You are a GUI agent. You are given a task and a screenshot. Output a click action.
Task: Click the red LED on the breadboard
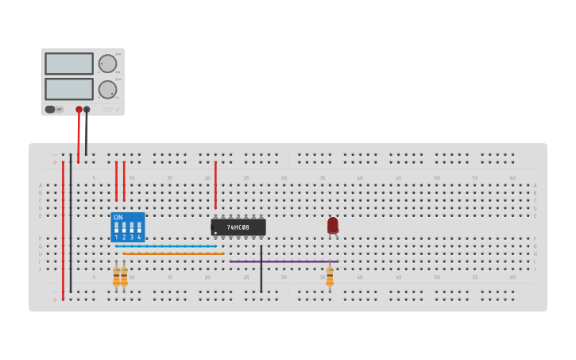pos(333,226)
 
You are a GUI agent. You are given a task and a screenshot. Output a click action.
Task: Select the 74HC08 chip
pos(238,227)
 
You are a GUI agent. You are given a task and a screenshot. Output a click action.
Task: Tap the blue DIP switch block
pos(128,227)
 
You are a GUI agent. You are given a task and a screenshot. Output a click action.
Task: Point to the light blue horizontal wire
pos(166,246)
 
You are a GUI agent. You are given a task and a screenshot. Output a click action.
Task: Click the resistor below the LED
pos(330,277)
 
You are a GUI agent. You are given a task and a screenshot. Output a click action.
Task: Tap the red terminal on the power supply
pos(79,110)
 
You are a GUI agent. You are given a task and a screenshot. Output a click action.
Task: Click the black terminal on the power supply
pos(87,110)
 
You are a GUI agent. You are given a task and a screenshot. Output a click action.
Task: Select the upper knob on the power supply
pos(106,64)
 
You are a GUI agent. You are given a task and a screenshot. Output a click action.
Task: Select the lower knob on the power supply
pos(106,89)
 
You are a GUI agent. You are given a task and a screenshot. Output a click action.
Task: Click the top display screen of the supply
pos(69,64)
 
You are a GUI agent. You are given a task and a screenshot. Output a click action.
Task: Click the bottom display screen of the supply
pos(69,89)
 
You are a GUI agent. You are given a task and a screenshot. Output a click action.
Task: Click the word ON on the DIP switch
pos(118,217)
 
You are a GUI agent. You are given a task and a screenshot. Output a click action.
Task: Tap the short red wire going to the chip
pos(215,184)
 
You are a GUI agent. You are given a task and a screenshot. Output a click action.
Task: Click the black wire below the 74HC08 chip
pos(261,270)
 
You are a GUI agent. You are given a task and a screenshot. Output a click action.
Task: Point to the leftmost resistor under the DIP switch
pos(116,277)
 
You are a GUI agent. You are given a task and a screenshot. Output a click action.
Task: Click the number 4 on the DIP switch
pos(139,237)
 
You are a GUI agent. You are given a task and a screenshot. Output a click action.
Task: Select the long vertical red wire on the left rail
pos(63,230)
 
